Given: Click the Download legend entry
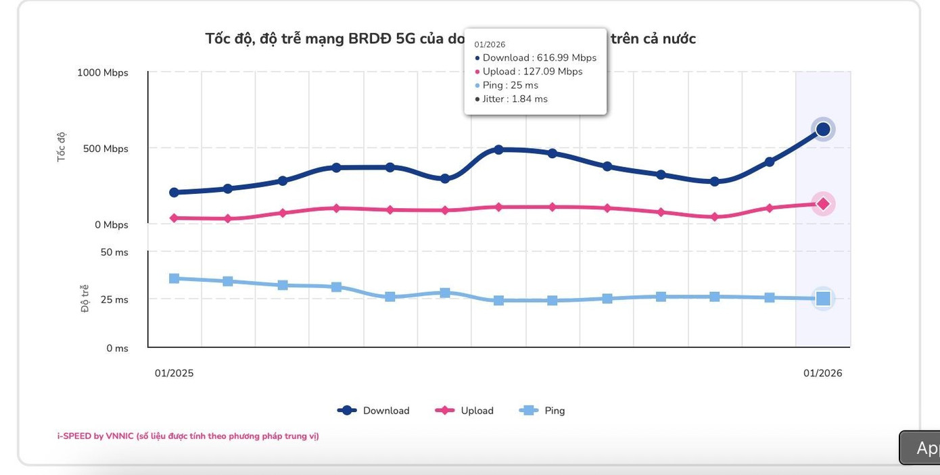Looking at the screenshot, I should pyautogui.click(x=374, y=410).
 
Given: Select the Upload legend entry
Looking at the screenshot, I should pyautogui.click(x=465, y=410).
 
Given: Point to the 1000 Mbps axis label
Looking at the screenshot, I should pyautogui.click(x=102, y=73).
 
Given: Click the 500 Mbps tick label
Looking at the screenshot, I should pyautogui.click(x=105, y=149).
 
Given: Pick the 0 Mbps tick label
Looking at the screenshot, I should pyautogui.click(x=112, y=225).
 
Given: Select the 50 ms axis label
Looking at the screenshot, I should pyautogui.click(x=114, y=253).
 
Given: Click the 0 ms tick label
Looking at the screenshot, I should pyautogui.click(x=117, y=349).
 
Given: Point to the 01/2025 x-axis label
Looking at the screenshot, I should pyautogui.click(x=174, y=373).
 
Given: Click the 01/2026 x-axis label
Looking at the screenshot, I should pyautogui.click(x=822, y=373).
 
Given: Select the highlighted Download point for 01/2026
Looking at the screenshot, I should pyautogui.click(x=823, y=129).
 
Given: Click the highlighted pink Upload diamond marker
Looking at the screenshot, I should pyautogui.click(x=823, y=203).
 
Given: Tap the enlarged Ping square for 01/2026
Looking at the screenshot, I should pyautogui.click(x=823, y=299).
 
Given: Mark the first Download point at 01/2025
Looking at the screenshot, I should pyautogui.click(x=174, y=193).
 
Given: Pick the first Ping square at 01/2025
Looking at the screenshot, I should pyautogui.click(x=174, y=278).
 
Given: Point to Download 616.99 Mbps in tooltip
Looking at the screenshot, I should pyautogui.click(x=539, y=58).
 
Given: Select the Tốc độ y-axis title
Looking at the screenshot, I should pyautogui.click(x=62, y=147).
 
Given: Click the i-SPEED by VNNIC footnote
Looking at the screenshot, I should pyautogui.click(x=188, y=436).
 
